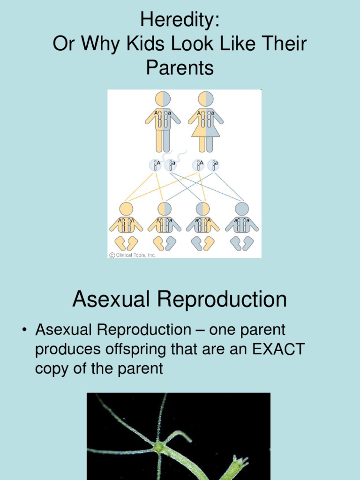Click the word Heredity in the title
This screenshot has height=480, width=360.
(x=180, y=21)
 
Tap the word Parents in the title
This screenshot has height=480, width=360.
(x=180, y=68)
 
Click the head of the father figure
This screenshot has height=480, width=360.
(x=163, y=99)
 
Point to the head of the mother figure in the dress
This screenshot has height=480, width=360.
(x=206, y=99)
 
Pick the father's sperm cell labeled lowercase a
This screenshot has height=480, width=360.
(x=171, y=165)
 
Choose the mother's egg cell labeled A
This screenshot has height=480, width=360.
(x=198, y=165)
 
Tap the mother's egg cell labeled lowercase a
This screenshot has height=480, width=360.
(x=213, y=165)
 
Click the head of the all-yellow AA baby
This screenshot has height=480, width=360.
(x=126, y=209)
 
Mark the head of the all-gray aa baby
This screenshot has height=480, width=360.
(x=242, y=209)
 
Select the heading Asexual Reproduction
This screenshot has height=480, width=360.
(x=180, y=300)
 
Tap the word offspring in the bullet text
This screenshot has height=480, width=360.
(x=137, y=349)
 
